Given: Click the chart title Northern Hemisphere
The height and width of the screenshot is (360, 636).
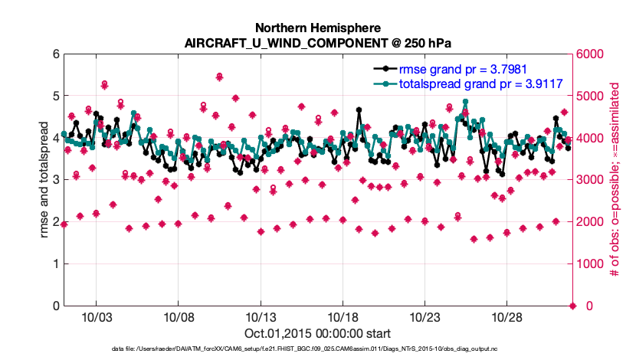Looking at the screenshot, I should [317, 26].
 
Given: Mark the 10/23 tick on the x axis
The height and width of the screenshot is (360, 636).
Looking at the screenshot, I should [425, 317].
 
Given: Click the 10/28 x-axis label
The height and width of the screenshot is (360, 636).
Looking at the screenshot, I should [507, 317].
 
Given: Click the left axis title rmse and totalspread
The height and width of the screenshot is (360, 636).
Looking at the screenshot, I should [45, 179].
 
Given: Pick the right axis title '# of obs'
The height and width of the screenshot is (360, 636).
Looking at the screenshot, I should [615, 179].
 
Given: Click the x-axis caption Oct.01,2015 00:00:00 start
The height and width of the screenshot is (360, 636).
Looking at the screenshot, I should [317, 333].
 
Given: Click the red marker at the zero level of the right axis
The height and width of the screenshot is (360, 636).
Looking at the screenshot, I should [572, 306].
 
